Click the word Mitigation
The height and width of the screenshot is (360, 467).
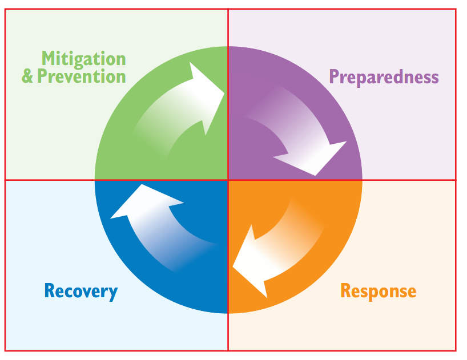tap(84, 59)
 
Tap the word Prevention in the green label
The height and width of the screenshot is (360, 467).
tap(81, 76)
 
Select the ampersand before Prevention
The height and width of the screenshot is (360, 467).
tap(27, 76)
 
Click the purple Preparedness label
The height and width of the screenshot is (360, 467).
tap(384, 78)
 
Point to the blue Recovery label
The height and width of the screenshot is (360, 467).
tap(81, 292)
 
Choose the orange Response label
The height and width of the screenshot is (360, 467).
tap(379, 292)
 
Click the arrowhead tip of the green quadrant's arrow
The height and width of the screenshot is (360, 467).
tap(224, 93)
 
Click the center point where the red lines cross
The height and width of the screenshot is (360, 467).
tap(228, 180)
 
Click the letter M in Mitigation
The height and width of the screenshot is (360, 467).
tap(49, 58)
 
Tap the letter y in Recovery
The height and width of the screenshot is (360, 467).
tap(113, 294)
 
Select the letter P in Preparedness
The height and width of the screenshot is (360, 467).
tap(334, 76)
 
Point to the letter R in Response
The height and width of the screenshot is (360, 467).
tap(346, 290)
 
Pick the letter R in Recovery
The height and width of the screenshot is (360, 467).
tap(50, 290)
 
